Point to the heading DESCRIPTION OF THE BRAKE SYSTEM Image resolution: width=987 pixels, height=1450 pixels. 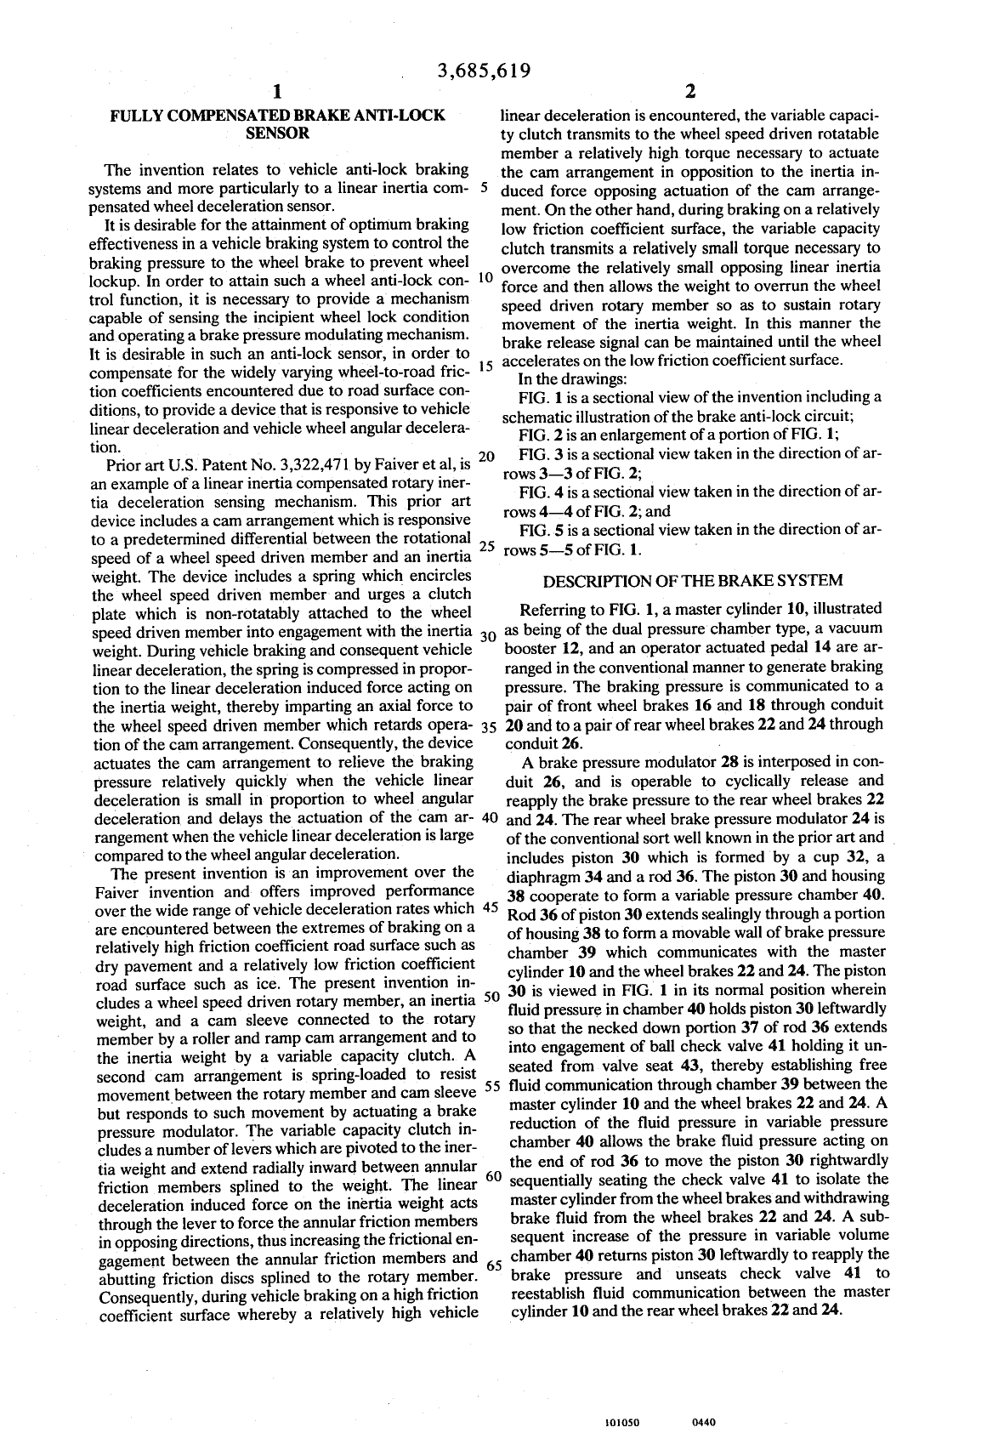point(693,581)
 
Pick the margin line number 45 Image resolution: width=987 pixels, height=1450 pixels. point(490,907)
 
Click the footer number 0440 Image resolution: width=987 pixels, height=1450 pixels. point(705,1421)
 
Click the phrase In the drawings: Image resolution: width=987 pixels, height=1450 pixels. point(573,379)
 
